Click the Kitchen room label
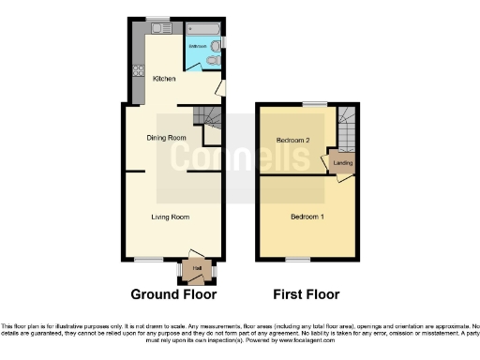tap(164, 79)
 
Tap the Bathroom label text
tap(198, 44)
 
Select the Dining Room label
tap(166, 138)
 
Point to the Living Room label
tap(171, 217)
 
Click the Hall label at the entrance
tap(197, 270)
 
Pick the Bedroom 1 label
tap(307, 217)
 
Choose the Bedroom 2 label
tap(292, 141)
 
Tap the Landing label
tap(342, 168)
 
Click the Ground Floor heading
tap(167, 294)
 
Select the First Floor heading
tap(306, 294)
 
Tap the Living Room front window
tap(147, 259)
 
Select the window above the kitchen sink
tap(157, 19)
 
